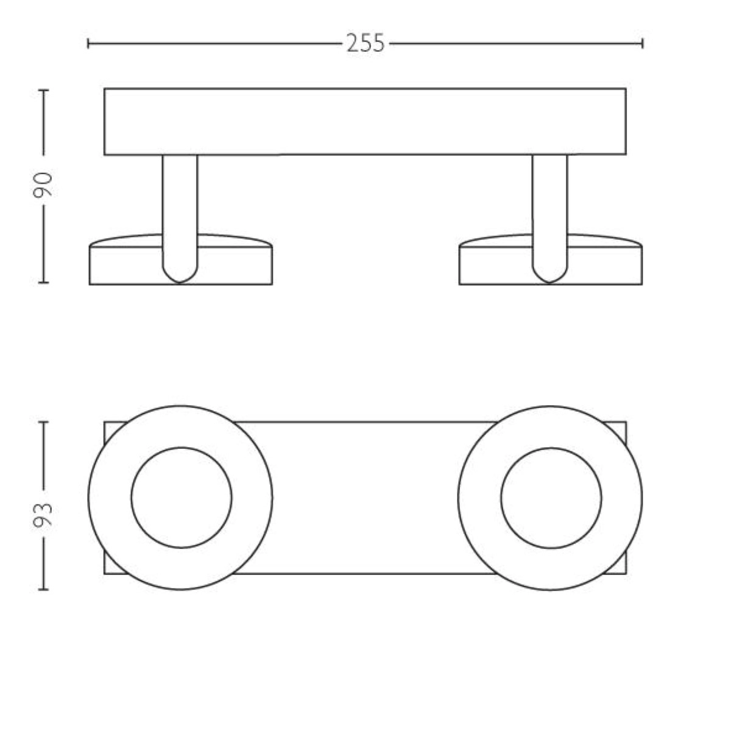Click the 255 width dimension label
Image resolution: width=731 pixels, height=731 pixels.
[x=365, y=43]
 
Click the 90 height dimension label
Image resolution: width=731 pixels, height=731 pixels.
[x=43, y=185]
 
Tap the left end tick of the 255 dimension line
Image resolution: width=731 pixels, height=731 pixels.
[x=88, y=44]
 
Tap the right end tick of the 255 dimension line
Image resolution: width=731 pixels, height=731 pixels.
[x=643, y=44]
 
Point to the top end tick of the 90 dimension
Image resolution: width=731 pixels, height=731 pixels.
[x=44, y=90]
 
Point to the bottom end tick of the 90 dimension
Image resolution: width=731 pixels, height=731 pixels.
[x=44, y=282]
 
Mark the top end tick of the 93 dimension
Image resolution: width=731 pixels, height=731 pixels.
[x=44, y=422]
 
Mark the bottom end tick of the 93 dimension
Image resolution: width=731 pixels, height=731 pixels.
[x=44, y=590]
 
